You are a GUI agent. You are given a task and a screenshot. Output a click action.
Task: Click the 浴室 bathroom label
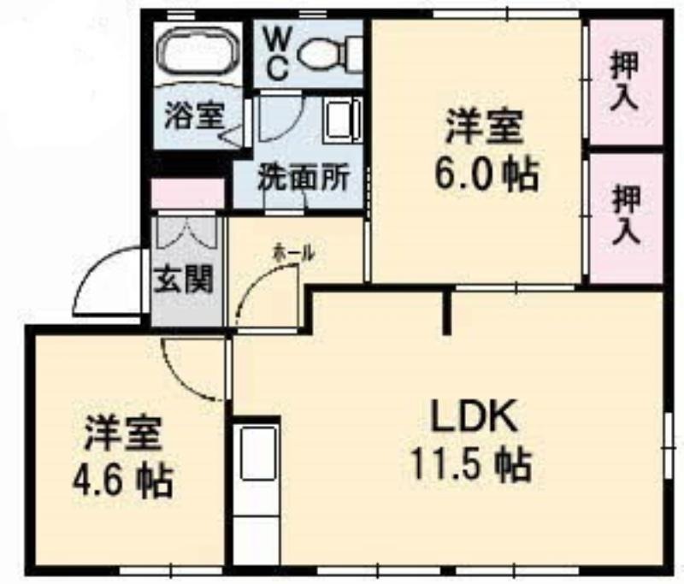click(x=195, y=116)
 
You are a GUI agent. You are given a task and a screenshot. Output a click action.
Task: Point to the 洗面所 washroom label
click(x=304, y=177)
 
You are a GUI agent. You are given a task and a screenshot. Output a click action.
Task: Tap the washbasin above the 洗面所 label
click(x=343, y=120)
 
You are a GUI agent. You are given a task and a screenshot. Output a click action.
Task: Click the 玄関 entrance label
click(x=184, y=279)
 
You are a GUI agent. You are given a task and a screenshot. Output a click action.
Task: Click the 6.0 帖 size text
click(x=486, y=174)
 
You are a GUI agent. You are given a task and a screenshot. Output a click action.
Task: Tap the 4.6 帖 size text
click(x=123, y=481)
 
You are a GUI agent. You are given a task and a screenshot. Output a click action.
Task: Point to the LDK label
click(x=474, y=416)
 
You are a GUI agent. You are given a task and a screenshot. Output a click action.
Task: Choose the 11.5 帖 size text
click(x=472, y=464)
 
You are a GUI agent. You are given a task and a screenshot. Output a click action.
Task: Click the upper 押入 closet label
click(x=625, y=83)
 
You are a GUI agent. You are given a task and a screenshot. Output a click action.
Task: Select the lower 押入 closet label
click(x=627, y=215)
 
